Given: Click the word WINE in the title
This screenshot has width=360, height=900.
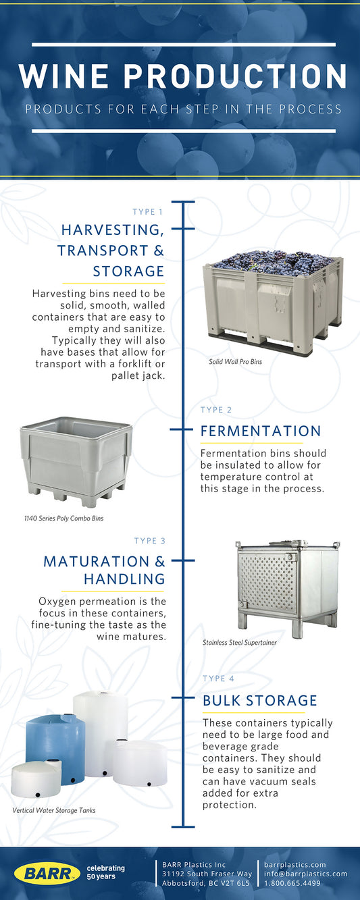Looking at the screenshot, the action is click(64, 76).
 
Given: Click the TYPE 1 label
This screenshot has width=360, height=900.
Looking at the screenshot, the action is click(148, 212).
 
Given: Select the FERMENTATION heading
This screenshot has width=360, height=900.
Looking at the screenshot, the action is click(261, 431).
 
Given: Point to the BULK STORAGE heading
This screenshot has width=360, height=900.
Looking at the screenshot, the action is click(260, 700).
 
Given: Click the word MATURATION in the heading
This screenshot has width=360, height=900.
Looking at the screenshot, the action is click(97, 561).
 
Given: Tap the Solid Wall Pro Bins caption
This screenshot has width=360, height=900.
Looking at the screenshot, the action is click(236, 362).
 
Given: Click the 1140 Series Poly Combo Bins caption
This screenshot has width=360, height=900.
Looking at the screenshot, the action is click(64, 519).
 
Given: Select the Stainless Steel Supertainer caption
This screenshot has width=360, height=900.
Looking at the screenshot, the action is click(240, 643).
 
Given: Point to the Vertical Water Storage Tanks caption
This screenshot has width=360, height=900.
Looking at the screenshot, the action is click(54, 810).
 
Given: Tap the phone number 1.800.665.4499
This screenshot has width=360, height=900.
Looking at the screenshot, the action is click(292, 883).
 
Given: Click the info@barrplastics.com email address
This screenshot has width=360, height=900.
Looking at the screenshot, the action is click(306, 874).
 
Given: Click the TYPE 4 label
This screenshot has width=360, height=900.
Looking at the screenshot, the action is click(218, 679).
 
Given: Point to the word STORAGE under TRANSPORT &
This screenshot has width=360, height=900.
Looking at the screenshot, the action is click(128, 271).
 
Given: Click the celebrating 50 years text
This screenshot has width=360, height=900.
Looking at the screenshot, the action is click(105, 872).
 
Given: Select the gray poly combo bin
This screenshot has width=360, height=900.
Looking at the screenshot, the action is click(76, 461).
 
